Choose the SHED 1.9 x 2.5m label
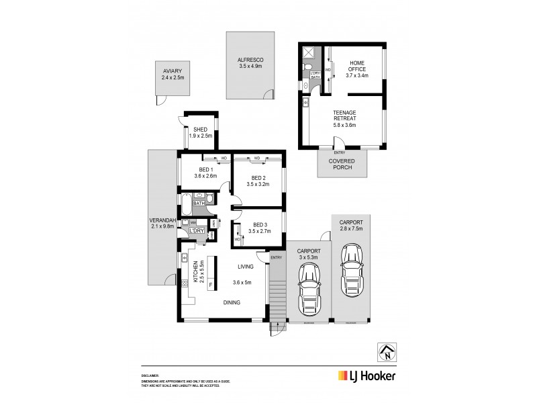(x=200, y=132)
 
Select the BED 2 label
(x=258, y=181)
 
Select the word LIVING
(x=244, y=267)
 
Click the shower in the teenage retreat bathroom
(x=309, y=53)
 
